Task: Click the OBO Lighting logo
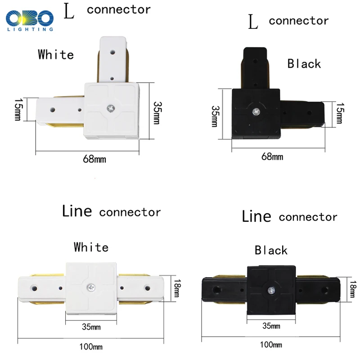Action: pyautogui.click(x=30, y=21)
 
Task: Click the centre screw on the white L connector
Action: pyautogui.click(x=111, y=108)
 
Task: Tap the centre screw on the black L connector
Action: pyautogui.click(x=256, y=112)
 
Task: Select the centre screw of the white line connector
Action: pyautogui.click(x=91, y=287)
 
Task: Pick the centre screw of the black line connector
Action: pyautogui.click(x=271, y=290)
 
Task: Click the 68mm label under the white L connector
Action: pyautogui.click(x=94, y=159)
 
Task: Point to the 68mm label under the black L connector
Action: pyautogui.click(x=272, y=157)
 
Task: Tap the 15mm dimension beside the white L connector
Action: pyautogui.click(x=18, y=110)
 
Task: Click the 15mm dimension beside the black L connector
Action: pyautogui.click(x=340, y=113)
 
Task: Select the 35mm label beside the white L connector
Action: pyautogui.click(x=157, y=113)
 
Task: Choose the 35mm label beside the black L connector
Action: pyautogui.click(x=215, y=116)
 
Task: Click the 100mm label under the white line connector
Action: pyautogui.click(x=91, y=346)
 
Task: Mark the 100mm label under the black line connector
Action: pyautogui.click(x=271, y=345)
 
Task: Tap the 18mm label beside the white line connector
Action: pyautogui.click(x=177, y=288)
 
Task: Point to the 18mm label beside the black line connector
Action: pyautogui.click(x=353, y=289)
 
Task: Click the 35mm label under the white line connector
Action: pyautogui.click(x=91, y=327)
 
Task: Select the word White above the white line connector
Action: pyautogui.click(x=91, y=247)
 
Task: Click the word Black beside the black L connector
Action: pyautogui.click(x=304, y=63)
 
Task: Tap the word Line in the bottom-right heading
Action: pyautogui.click(x=256, y=216)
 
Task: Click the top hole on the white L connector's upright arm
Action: pyautogui.click(x=112, y=52)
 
